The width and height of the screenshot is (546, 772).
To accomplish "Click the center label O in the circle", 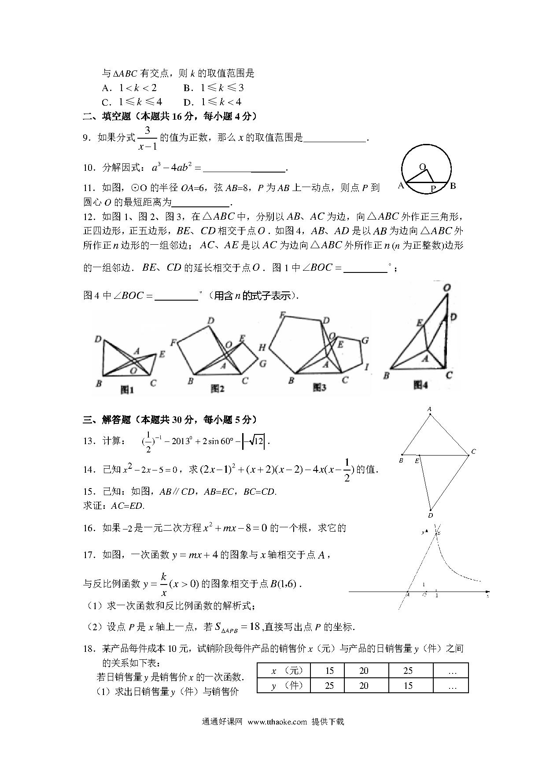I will [x=422, y=167].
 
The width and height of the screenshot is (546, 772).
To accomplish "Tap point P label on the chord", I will [x=433, y=189].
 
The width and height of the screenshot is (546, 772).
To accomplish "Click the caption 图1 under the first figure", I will [x=127, y=390].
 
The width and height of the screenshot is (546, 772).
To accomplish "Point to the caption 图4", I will [x=421, y=385].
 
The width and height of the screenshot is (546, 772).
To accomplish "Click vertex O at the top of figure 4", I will [x=446, y=288].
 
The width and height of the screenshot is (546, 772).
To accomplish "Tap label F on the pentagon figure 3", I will [x=282, y=315].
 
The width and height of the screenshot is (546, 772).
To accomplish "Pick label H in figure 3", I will [x=262, y=348].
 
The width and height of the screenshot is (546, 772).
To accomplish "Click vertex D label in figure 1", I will [x=98, y=339].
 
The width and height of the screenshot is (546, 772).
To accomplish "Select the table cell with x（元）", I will [x=284, y=671].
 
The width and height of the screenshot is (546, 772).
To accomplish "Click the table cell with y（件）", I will [x=284, y=685].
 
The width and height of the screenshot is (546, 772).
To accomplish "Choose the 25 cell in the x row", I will [x=408, y=671].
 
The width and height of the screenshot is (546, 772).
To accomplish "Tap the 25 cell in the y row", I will [x=329, y=685].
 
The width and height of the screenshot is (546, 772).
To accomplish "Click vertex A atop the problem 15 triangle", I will [x=429, y=409].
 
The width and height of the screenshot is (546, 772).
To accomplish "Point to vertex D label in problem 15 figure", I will [x=430, y=515].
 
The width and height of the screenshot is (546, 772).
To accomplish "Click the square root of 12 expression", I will [x=255, y=441].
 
